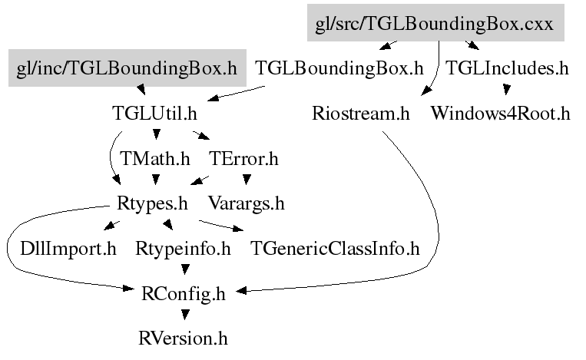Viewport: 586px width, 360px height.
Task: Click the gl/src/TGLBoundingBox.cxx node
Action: click(435, 23)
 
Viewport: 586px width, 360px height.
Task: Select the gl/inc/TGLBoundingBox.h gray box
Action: click(127, 68)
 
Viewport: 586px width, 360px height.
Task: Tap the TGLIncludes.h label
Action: click(507, 68)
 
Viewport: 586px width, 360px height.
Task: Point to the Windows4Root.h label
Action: click(500, 114)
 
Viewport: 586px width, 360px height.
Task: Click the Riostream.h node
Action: click(361, 114)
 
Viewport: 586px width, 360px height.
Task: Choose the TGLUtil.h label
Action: click(154, 114)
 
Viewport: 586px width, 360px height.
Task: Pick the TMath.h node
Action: click(155, 159)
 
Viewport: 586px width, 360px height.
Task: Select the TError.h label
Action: click(243, 159)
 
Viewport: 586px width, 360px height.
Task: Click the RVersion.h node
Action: click(184, 338)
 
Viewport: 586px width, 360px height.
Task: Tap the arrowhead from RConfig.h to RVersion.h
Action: click(184, 314)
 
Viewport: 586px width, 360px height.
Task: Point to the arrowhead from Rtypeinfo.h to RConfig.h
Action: click(184, 269)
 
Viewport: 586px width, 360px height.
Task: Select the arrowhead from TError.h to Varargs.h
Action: click(246, 181)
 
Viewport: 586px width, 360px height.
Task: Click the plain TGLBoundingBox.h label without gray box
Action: click(339, 68)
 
